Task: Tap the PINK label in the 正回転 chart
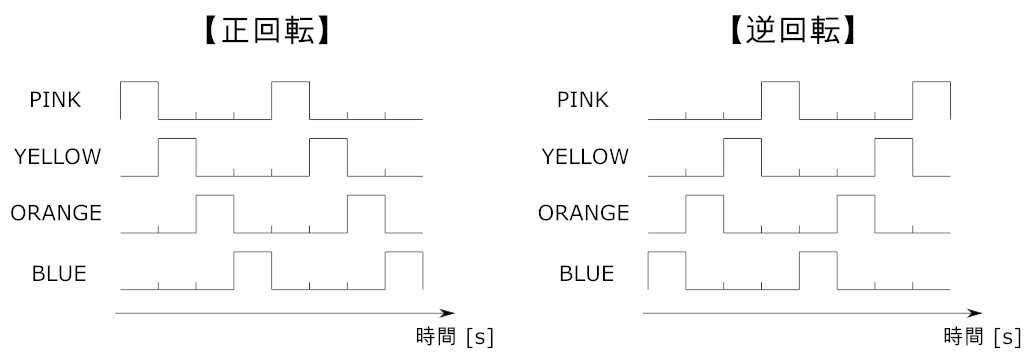(x=56, y=99)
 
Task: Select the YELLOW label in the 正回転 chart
(x=57, y=156)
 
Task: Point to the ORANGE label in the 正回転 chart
(x=56, y=212)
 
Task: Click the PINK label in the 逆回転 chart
(x=584, y=99)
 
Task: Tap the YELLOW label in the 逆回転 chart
(x=585, y=156)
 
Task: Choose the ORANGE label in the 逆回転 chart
(x=584, y=212)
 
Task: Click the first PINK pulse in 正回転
(x=139, y=100)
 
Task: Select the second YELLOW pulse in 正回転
(x=328, y=157)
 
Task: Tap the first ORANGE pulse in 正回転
(x=214, y=214)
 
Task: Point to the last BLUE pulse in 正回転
(x=404, y=271)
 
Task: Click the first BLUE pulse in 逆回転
(x=667, y=271)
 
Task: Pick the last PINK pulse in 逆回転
(x=931, y=100)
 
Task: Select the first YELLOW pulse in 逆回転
(x=742, y=157)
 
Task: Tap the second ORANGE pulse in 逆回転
(x=855, y=214)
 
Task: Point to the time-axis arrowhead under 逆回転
(x=975, y=313)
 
